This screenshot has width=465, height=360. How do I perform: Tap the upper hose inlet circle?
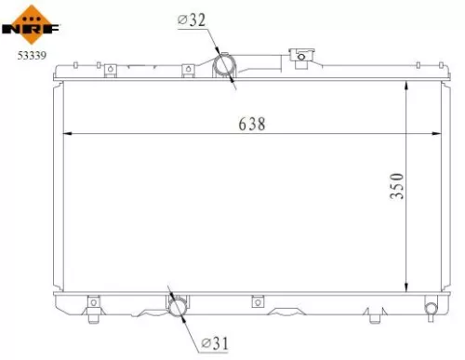click(x=225, y=67)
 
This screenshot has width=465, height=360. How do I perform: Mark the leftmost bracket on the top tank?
click(x=110, y=68)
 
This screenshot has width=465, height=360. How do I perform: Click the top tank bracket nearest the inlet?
click(x=189, y=68)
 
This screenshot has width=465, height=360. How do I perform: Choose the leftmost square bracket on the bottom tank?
click(x=93, y=301)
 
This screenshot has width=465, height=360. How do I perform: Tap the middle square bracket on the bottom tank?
click(x=258, y=301)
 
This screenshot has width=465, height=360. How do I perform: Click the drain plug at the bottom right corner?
click(x=431, y=308)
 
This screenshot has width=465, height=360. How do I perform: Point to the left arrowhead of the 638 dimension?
click(x=66, y=135)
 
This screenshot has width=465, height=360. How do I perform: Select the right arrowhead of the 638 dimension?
click(x=438, y=135)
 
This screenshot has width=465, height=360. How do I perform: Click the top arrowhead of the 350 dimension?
click(x=407, y=85)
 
